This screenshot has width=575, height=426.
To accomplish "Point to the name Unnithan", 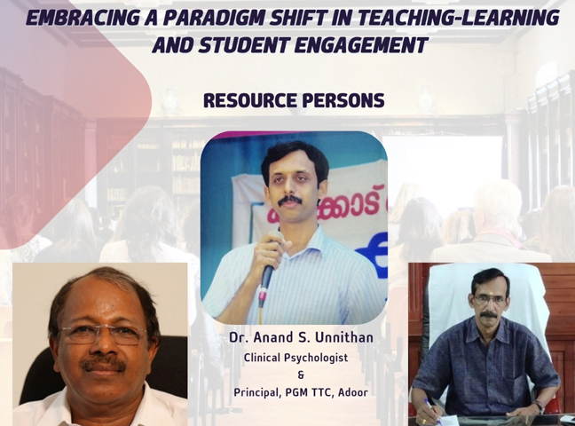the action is point(344,337).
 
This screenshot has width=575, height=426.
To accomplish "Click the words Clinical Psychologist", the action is point(295,358).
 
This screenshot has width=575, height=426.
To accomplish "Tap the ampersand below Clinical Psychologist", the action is point(302,375).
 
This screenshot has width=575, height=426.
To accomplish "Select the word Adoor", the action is point(352,392).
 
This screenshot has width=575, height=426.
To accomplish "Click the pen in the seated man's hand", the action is point(434,409).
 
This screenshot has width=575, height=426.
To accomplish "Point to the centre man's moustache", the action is point(289,200).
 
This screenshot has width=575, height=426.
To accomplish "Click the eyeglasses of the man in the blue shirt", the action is point(489,298).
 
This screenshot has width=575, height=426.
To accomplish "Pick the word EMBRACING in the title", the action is point(82,17).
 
